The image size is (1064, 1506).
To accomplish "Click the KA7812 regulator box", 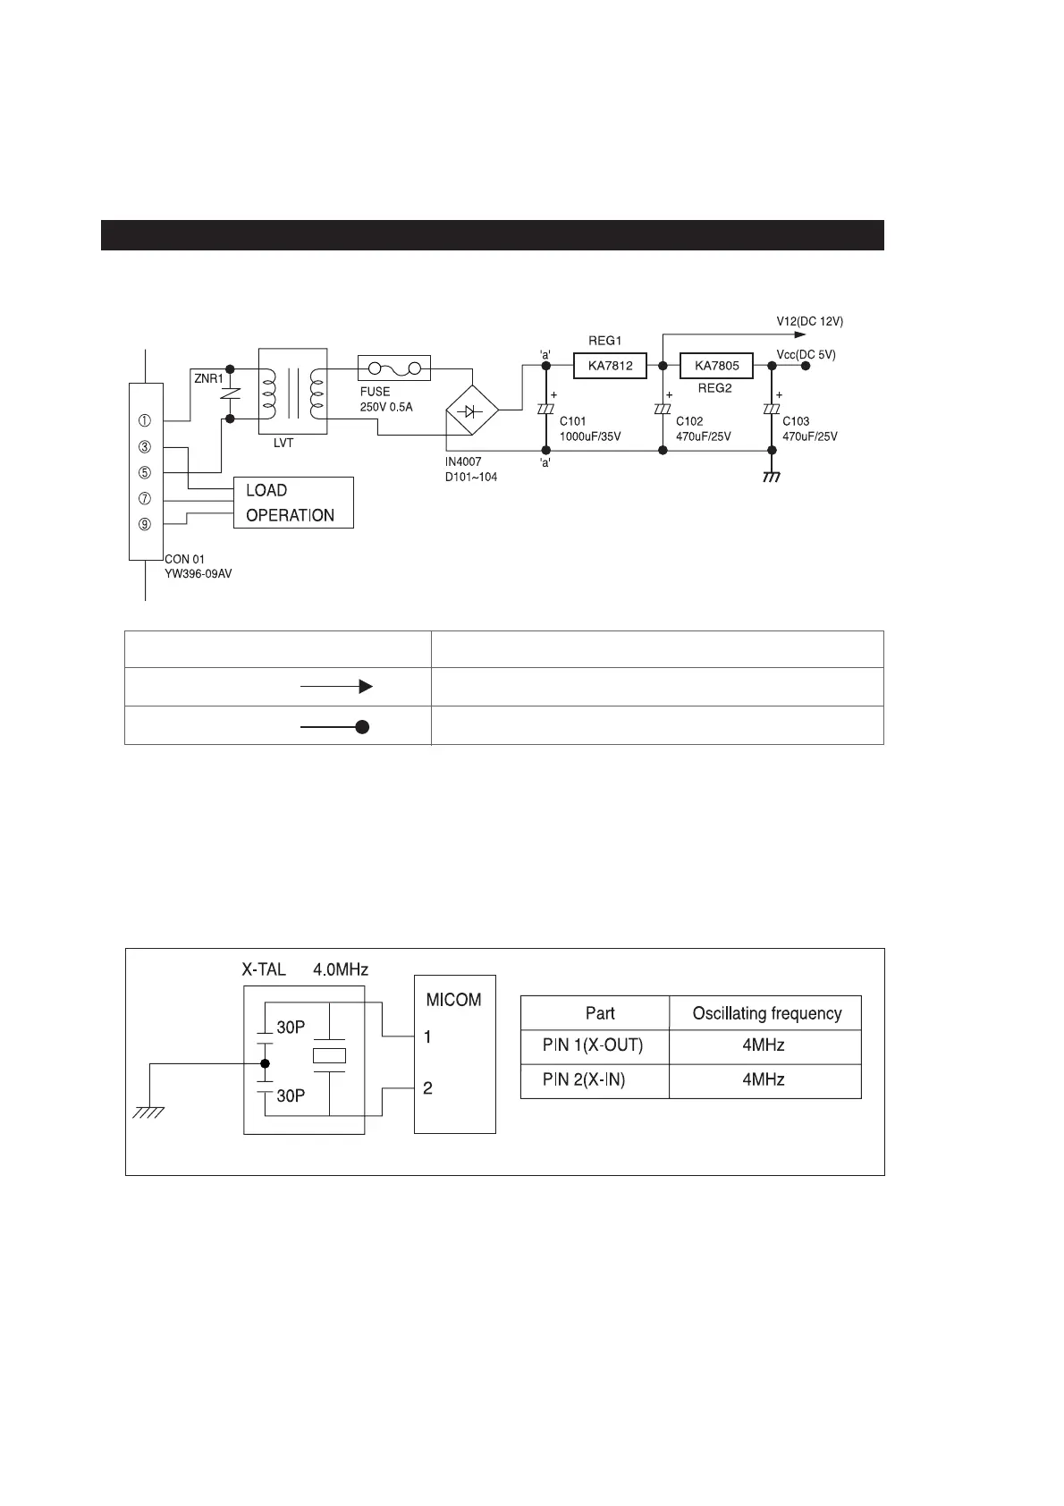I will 610,366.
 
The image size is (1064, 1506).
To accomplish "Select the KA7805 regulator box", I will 716,366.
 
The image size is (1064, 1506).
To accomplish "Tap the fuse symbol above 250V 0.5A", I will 394,368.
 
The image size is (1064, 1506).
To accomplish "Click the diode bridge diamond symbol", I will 471,411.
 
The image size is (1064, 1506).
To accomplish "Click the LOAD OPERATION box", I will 293,503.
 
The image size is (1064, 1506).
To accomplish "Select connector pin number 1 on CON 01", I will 145,420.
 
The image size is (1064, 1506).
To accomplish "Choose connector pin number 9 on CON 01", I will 145,524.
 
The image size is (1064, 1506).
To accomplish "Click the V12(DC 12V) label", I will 809,321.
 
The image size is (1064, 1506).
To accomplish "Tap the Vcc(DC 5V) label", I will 806,354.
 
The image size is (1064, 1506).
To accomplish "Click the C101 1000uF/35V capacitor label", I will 589,428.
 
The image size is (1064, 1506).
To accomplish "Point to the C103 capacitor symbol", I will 772,409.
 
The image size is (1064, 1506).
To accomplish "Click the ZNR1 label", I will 208,378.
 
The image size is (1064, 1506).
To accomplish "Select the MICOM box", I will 454,1053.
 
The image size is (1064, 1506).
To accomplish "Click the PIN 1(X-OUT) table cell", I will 593,1045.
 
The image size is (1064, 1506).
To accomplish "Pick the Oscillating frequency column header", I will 766,1013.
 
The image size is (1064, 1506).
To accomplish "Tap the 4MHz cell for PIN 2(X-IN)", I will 763,1080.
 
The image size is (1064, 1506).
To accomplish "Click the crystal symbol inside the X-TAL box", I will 329,1055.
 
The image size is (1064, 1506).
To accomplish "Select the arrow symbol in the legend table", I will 336,687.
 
